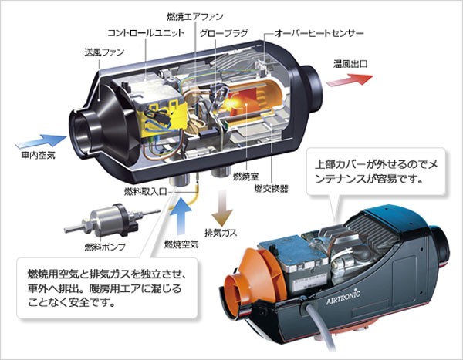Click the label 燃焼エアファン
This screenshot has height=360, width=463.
click(x=193, y=16)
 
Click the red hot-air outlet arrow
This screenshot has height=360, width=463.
click(x=352, y=79)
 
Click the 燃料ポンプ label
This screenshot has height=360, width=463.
click(x=106, y=247)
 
